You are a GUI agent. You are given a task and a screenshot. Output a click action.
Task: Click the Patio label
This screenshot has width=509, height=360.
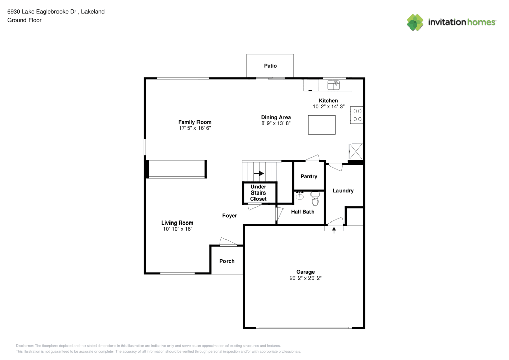[x=270, y=66]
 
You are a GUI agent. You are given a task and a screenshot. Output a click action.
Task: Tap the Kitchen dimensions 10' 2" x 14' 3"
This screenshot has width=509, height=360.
[x=328, y=107]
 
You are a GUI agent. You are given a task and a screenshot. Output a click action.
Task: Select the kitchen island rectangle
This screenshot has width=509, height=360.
[x=322, y=125]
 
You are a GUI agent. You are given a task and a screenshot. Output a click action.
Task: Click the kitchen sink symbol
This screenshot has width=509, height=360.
[x=333, y=85]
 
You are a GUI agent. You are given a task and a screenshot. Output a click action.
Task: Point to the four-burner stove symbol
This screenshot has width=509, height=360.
[x=357, y=115]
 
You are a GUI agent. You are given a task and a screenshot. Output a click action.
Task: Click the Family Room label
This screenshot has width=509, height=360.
[x=195, y=122]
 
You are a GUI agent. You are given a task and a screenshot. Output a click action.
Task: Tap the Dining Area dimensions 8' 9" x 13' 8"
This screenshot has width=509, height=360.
[x=275, y=123]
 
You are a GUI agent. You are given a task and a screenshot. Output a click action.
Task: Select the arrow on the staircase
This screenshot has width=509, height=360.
[x=259, y=173]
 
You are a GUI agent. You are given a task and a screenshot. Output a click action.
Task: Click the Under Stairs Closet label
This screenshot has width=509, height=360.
[x=259, y=193]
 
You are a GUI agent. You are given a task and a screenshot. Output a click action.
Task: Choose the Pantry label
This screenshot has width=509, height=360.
[x=309, y=176]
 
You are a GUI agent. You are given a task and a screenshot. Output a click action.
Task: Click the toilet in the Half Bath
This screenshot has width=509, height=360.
[x=315, y=199]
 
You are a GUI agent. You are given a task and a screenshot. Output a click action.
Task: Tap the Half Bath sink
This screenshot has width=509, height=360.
[x=300, y=196]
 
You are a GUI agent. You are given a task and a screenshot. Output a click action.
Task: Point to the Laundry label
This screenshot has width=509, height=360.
[x=343, y=191]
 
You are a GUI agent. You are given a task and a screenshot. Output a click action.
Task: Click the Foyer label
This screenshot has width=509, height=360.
[x=230, y=216]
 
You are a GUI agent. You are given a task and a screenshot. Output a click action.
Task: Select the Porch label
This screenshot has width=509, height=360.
[x=227, y=261]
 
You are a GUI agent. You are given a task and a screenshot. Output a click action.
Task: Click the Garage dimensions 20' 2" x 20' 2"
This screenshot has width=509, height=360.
[x=305, y=278]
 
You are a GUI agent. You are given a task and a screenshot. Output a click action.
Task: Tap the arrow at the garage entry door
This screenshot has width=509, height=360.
[x=334, y=230]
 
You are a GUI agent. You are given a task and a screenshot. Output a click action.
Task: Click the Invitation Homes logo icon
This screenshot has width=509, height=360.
[x=415, y=22]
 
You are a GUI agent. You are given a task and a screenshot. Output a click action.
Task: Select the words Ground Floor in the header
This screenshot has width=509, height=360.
[x=24, y=20]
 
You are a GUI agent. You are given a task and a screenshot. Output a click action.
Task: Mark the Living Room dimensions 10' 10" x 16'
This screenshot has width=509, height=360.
[x=177, y=229]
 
